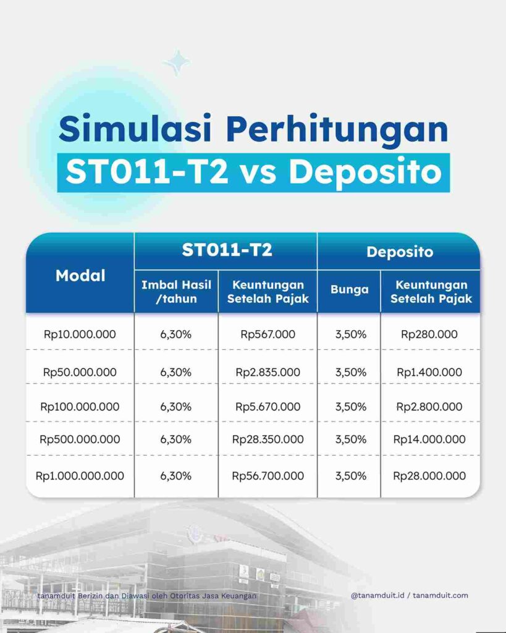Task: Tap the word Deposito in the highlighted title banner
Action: pyautogui.click(x=365, y=171)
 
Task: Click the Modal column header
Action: pyautogui.click(x=80, y=276)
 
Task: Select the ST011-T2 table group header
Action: pyautogui.click(x=227, y=250)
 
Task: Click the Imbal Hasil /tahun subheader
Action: pyautogui.click(x=176, y=292)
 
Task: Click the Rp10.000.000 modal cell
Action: pyautogui.click(x=80, y=334)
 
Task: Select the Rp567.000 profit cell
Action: pyautogui.click(x=268, y=334)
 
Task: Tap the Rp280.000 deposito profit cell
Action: pyautogui.click(x=429, y=334)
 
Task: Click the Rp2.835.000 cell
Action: pyautogui.click(x=268, y=372)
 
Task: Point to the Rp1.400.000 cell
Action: pyautogui.click(x=429, y=372)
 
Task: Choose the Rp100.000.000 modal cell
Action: pyautogui.click(x=80, y=407)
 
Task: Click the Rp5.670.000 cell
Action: pyautogui.click(x=268, y=407)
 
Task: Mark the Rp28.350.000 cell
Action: pyautogui.click(x=268, y=440)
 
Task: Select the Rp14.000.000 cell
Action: pyautogui.click(x=429, y=440)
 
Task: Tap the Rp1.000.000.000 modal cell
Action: pyautogui.click(x=80, y=476)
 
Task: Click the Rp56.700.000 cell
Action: pyautogui.click(x=268, y=476)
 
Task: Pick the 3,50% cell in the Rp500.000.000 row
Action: pyautogui.click(x=350, y=440)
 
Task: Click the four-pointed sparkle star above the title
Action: pyautogui.click(x=177, y=62)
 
